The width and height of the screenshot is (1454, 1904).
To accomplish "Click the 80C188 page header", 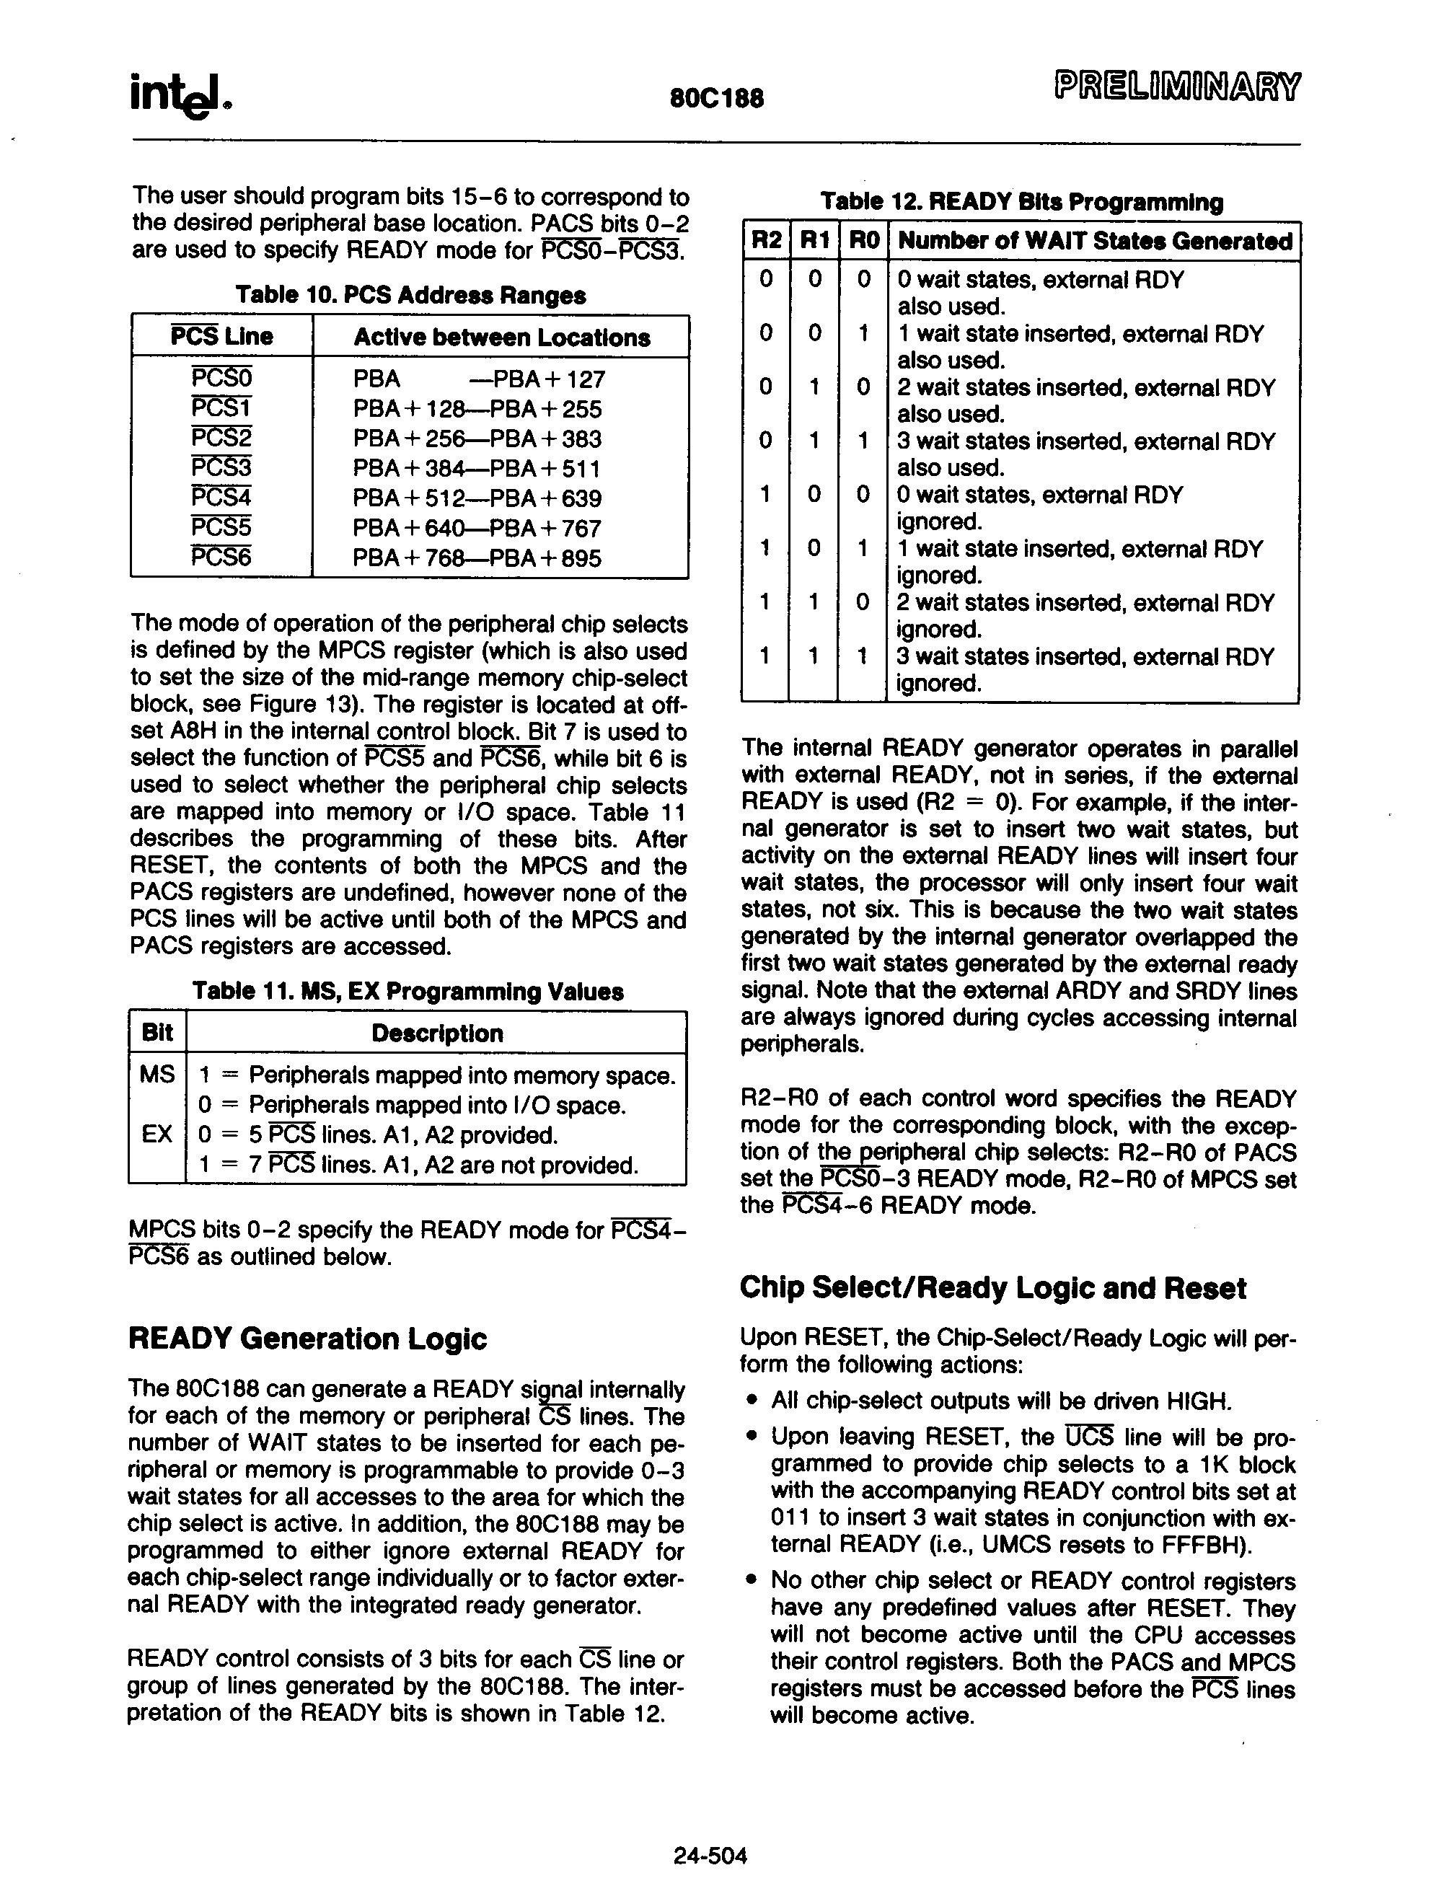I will coord(717,99).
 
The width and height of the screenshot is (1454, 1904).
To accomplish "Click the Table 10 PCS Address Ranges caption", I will coord(410,295).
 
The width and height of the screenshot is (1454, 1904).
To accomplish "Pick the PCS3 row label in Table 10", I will coord(221,468).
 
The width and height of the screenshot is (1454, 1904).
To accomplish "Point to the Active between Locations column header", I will coord(501,338).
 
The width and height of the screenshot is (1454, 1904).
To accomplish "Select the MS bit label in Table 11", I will coord(157,1075).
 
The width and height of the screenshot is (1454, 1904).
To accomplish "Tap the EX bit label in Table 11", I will coord(157,1134).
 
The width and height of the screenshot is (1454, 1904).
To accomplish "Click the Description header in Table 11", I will coord(436,1033).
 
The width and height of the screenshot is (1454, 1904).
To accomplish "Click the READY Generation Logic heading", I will coord(307,1339).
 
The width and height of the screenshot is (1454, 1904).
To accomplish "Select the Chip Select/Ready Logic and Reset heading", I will coord(992,1288).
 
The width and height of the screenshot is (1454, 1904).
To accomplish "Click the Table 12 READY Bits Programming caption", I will coord(1021,203).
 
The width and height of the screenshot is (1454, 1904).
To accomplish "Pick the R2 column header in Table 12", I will coord(766,241).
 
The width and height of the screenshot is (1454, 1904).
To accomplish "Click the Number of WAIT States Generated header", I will coord(1095,241).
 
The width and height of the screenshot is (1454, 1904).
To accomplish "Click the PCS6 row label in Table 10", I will coord(221,557).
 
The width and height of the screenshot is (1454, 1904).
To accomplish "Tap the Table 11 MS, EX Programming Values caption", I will coord(407,992).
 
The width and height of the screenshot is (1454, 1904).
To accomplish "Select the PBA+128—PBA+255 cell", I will coord(477,410).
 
